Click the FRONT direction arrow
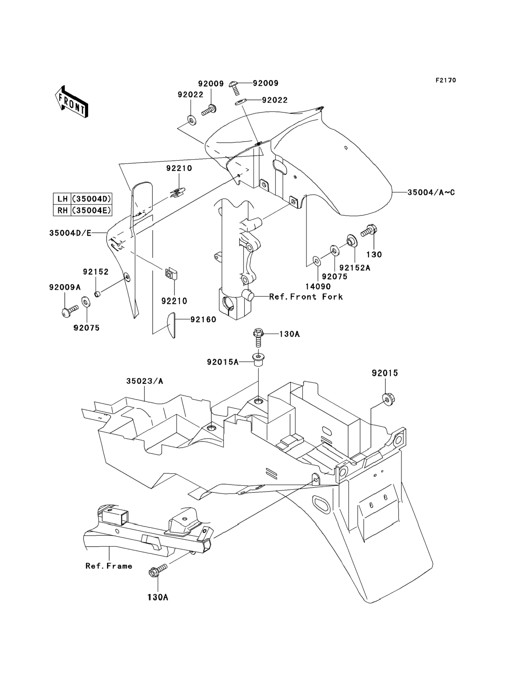click(x=71, y=102)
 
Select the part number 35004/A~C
click(x=431, y=192)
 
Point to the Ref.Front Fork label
click(x=306, y=297)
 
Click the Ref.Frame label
click(x=109, y=566)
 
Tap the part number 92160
click(x=203, y=319)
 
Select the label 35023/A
click(x=145, y=381)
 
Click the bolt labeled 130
click(x=369, y=231)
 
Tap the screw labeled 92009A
click(x=69, y=311)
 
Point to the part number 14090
click(x=318, y=286)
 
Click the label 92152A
click(x=355, y=267)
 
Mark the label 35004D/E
click(x=70, y=233)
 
